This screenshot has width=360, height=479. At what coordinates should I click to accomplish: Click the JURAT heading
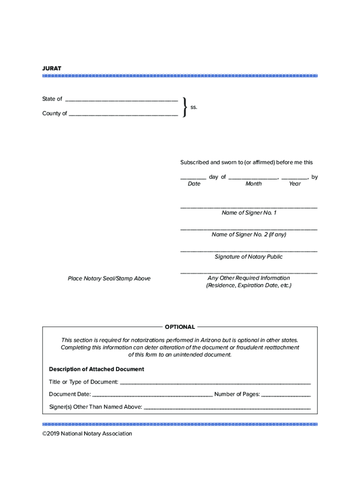coord(51,68)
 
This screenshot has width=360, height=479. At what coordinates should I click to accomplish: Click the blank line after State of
coord(121,100)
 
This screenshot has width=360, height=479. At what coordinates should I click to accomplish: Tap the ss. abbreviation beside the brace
coord(194,107)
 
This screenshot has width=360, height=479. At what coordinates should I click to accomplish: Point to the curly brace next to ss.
coord(186,107)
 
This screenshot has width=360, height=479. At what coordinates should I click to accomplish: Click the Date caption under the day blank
coord(194,184)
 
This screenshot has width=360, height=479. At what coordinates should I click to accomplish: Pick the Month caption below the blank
coord(253,184)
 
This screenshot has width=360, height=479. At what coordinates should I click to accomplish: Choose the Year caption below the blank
coord(295,184)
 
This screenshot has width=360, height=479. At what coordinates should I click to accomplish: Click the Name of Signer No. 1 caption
coord(249,213)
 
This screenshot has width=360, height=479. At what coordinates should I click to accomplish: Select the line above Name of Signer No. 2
coord(249,229)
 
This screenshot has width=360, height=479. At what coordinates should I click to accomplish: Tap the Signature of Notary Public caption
coord(249,257)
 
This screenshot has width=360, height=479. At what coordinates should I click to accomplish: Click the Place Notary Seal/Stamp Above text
coord(109,279)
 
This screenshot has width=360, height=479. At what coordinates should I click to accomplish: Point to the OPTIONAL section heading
coord(180,327)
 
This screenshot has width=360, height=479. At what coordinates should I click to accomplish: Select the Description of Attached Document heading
coord(96,369)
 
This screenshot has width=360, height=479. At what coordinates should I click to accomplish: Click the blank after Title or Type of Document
coord(215,383)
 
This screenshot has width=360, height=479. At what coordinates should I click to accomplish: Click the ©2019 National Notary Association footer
coord(87,434)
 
